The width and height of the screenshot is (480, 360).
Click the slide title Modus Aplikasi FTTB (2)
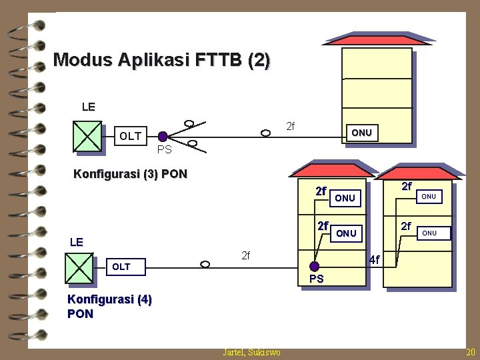coord(161,61)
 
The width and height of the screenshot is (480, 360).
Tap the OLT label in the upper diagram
coord(130,137)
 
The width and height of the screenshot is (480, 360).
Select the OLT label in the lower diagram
coord(121,267)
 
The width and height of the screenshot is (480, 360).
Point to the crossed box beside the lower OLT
coord(79,269)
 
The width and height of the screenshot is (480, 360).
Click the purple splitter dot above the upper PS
coord(163,136)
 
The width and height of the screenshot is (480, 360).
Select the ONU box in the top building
coord(361,133)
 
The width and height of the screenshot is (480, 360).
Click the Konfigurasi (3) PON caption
coord(130,175)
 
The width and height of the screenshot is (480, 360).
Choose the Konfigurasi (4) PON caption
coord(109,307)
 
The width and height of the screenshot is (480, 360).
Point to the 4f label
coord(374,259)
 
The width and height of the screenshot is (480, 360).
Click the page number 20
coord(471,352)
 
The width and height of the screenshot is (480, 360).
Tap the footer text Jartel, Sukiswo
coord(251,352)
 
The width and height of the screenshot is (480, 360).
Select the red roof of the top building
coord(377,39)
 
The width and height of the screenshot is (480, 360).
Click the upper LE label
coord(88,107)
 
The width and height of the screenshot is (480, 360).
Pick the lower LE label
coord(77,242)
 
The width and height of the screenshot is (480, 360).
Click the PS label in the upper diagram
coord(164,149)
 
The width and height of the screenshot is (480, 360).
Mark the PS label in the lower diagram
coord(316,279)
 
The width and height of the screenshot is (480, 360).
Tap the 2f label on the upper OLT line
coord(291,126)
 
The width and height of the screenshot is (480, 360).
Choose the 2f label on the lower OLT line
coord(245,255)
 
